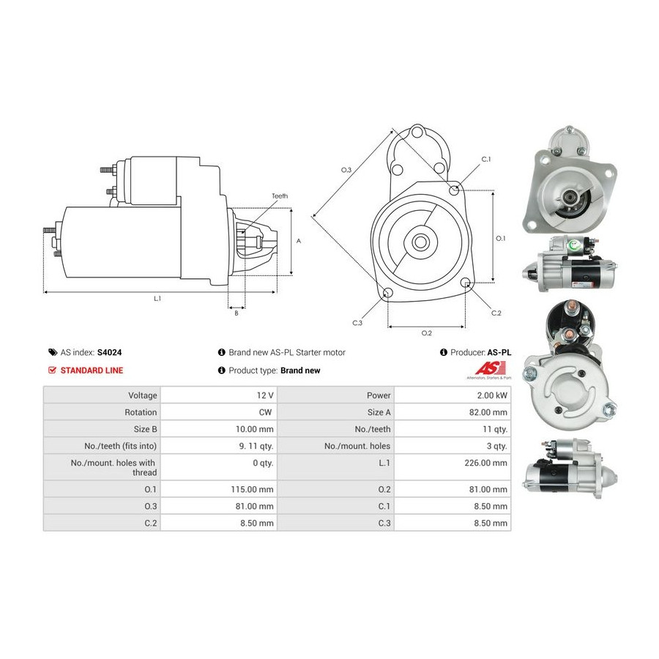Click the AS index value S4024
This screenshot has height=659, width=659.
coord(109,352)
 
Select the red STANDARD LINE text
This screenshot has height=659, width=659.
coord(92,371)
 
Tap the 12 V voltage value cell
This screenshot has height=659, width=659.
coord(265,395)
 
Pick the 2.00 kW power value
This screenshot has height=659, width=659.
coord(492,395)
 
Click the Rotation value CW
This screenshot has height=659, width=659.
coord(265,412)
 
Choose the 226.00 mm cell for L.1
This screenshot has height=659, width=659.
coord(486,463)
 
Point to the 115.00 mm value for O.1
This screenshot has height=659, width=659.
coord(252,489)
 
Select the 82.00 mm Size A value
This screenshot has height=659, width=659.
coord(488,412)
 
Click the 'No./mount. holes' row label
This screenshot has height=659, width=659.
coord(357,446)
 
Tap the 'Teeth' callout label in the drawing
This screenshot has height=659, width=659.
coord(280,196)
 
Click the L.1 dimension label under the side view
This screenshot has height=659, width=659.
coord(157,299)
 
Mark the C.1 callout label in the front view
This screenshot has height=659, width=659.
coord(486,159)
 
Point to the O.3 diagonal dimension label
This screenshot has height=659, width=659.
coord(346,170)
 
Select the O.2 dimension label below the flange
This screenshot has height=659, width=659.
coord(427,333)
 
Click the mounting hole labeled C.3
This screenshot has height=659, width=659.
coord(388,292)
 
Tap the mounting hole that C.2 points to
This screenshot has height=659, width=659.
coord(465,283)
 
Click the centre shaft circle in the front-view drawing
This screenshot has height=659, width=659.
coord(420,242)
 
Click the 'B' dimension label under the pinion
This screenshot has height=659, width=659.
coord(237,313)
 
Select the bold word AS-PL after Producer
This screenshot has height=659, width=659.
coord(499,352)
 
